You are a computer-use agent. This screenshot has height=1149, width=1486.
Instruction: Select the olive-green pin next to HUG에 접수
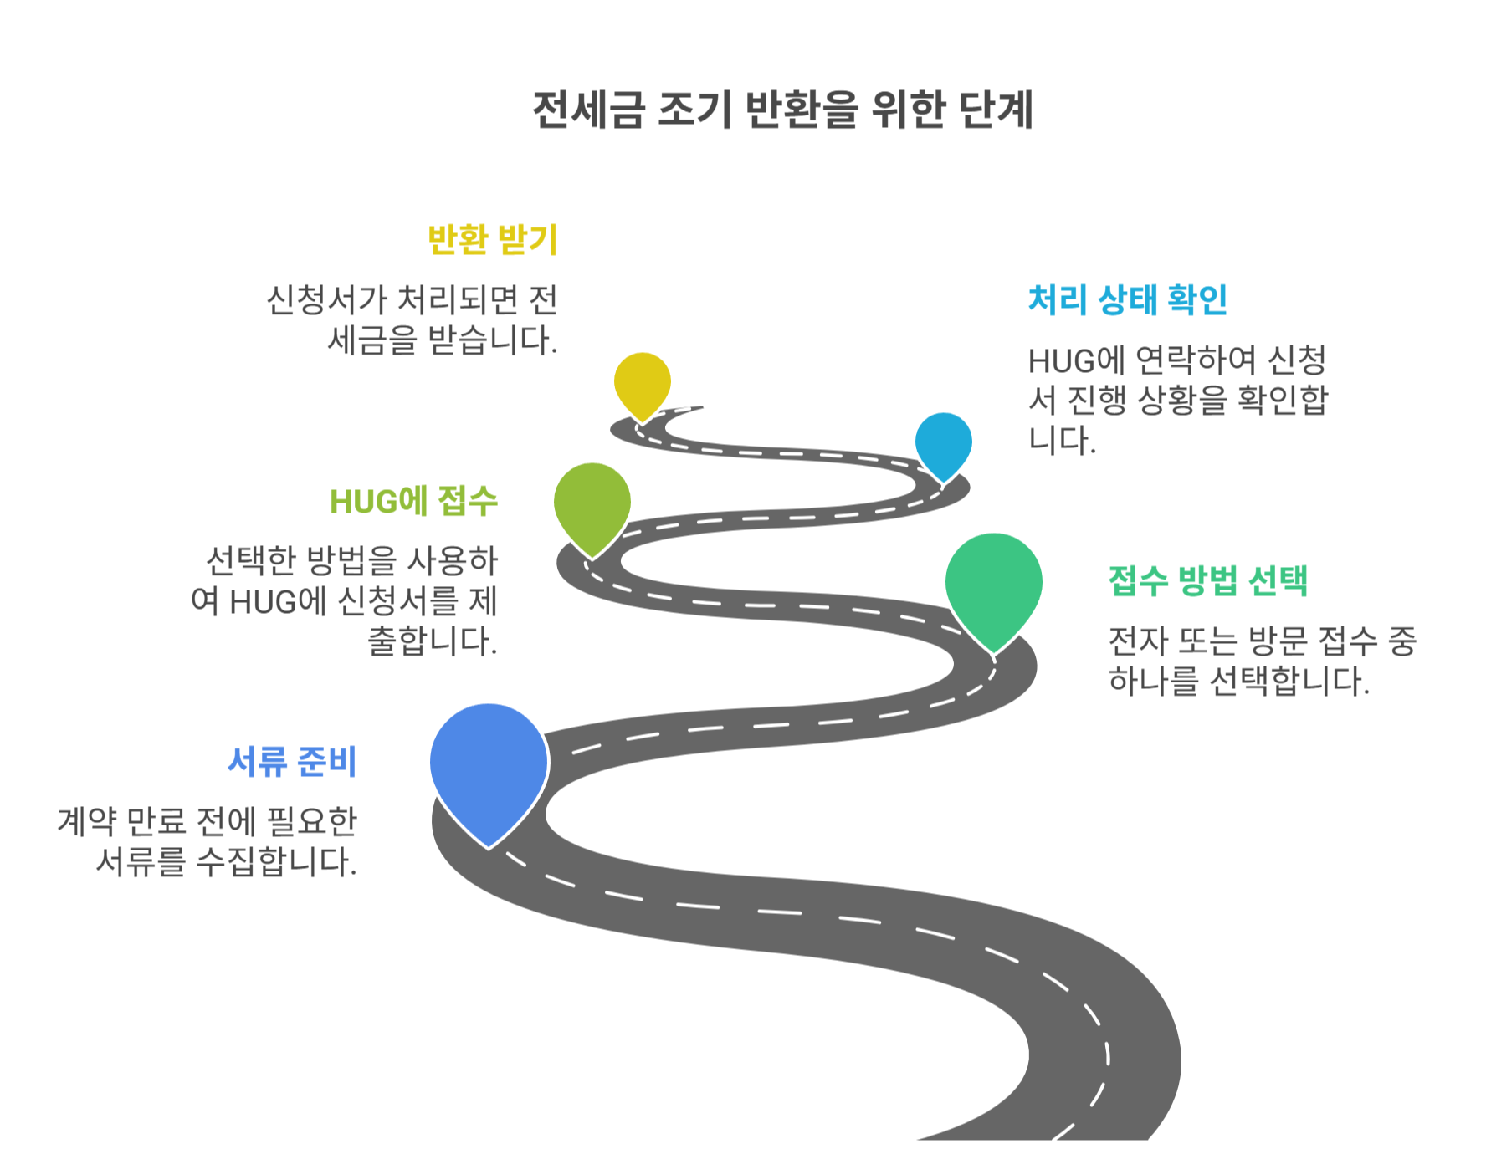point(592,503)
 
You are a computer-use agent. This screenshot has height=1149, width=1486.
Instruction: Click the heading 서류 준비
point(292,762)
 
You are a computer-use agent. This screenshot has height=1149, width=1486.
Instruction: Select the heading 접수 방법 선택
point(1207,580)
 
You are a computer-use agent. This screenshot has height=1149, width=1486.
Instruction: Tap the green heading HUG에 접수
point(413,502)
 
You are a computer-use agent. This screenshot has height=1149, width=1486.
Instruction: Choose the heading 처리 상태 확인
point(1127,300)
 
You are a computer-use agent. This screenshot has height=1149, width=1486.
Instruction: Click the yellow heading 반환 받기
point(492,240)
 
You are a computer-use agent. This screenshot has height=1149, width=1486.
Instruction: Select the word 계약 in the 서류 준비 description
point(86,822)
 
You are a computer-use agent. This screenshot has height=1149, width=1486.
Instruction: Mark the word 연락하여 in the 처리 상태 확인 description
point(1196,360)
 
